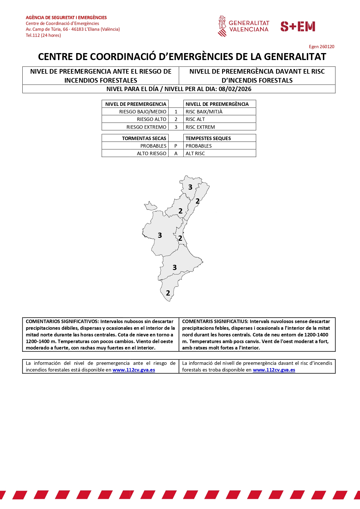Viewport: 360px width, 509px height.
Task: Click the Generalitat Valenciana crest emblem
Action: point(222,26)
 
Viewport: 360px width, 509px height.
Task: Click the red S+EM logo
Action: point(298,26)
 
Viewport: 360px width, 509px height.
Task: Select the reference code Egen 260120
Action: point(321,47)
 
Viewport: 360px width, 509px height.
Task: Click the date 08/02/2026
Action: point(235,89)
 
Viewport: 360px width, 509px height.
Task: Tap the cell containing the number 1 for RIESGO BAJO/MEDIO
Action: point(176,112)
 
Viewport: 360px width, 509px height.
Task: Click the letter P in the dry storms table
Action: point(176,146)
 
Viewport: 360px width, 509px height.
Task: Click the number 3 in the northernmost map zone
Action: point(190,187)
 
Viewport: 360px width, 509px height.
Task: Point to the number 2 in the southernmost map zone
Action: point(168,293)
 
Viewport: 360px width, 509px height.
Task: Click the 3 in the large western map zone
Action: point(160,235)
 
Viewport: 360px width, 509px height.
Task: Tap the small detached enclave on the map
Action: point(150,206)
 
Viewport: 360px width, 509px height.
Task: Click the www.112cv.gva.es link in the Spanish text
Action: point(134,370)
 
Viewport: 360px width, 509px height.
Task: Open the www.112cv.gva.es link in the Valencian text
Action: point(274,370)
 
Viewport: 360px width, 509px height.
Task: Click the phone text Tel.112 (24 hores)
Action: point(43,35)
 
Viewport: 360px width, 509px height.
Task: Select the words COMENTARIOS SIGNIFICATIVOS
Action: point(62,321)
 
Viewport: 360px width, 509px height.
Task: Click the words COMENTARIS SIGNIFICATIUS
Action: point(215,321)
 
